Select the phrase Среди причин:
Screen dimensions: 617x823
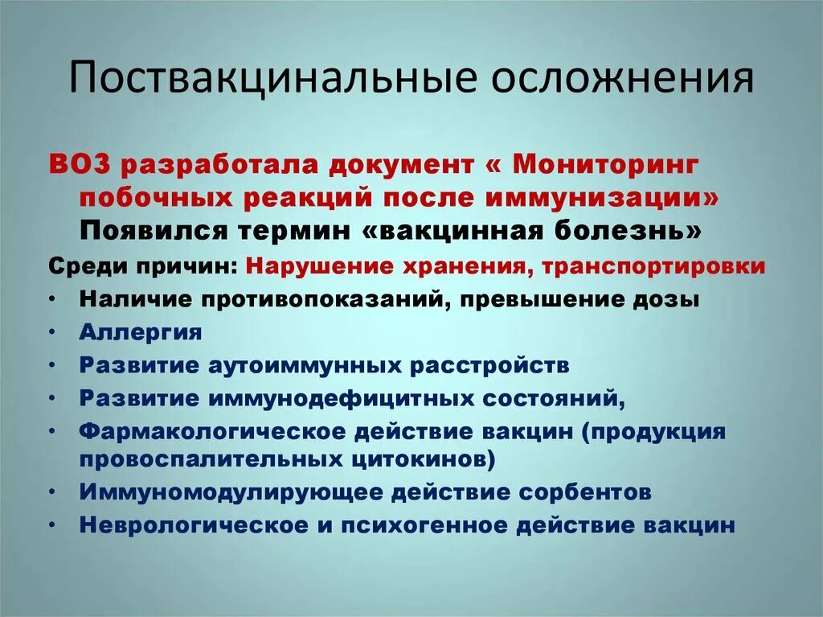tap(143, 266)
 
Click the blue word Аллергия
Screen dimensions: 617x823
tap(140, 331)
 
